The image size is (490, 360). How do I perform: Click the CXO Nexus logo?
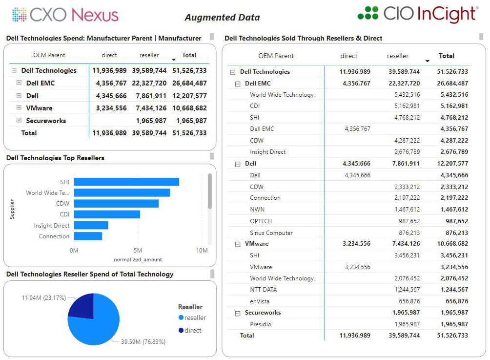(x=65, y=15)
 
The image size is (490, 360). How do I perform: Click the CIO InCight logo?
(x=417, y=14)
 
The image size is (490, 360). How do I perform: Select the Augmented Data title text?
(x=222, y=18)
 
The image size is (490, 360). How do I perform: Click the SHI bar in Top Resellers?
(x=126, y=182)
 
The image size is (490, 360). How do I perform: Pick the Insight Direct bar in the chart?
(x=91, y=225)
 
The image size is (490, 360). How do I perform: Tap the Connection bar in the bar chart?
(x=88, y=236)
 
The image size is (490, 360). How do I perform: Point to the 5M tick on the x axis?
(x=138, y=251)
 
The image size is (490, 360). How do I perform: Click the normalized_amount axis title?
(x=138, y=259)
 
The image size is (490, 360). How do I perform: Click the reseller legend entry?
(x=195, y=318)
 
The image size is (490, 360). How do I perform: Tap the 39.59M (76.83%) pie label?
(x=143, y=341)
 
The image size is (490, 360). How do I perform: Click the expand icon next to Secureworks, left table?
(x=19, y=120)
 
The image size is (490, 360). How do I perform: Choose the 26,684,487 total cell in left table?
(x=189, y=83)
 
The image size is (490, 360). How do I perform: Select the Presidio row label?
(x=261, y=324)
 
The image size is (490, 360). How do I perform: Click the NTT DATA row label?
(x=264, y=290)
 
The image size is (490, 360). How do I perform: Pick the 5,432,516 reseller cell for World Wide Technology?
(x=407, y=95)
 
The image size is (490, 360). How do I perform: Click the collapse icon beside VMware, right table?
(x=238, y=244)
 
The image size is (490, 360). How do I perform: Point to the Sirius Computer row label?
(x=271, y=233)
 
